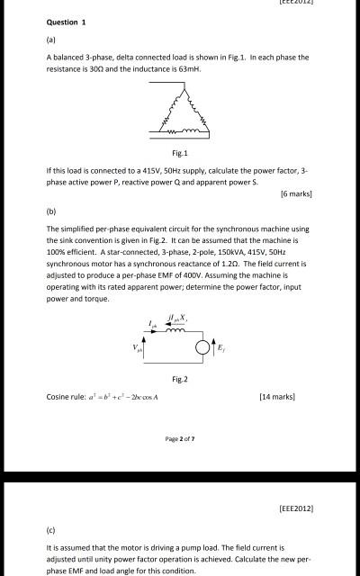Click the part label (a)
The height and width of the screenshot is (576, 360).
click(51, 39)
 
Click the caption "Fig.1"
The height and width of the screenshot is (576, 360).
click(180, 152)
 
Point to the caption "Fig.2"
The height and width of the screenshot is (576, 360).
click(180, 379)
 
